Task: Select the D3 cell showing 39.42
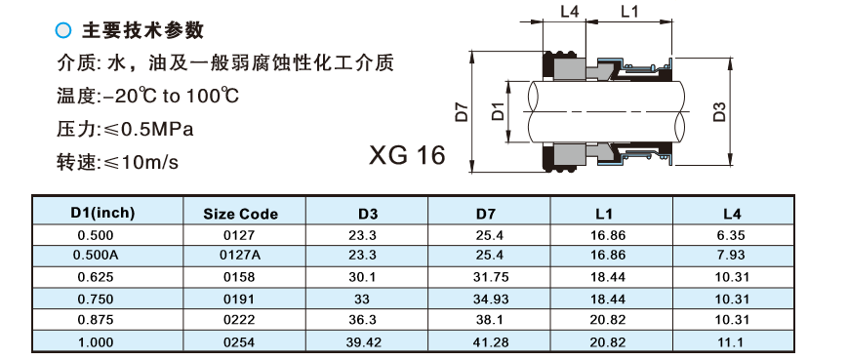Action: (367, 342)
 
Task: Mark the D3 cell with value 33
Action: (367, 299)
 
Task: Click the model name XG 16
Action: (407, 155)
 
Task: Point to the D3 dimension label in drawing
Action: (720, 110)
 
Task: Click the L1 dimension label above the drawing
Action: (628, 12)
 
